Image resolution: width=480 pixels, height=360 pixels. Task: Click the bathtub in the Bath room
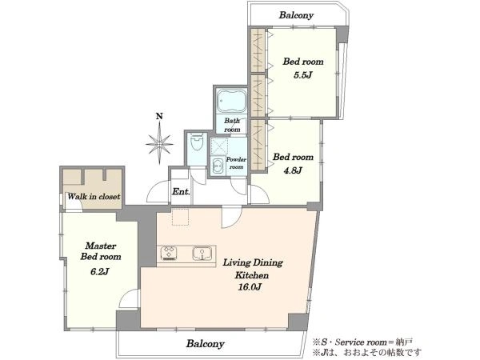click(232, 101)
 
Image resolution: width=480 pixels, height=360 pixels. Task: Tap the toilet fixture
click(196, 141)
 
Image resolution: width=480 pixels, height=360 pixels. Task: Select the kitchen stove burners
click(169, 254)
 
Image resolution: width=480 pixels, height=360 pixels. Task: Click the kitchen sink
click(202, 254)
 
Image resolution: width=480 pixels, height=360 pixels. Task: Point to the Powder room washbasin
click(218, 166)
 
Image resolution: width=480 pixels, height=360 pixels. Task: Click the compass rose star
click(159, 143)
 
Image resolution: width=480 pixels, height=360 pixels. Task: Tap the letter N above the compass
click(159, 116)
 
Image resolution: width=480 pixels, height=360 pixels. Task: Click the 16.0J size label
click(250, 287)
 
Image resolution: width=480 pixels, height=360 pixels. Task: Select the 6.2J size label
click(100, 271)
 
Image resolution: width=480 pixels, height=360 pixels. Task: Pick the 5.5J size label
click(302, 75)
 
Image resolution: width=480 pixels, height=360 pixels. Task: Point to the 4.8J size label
click(293, 170)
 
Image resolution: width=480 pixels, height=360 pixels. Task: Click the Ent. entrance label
click(182, 192)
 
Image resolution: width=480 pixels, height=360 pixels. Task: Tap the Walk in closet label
click(94, 197)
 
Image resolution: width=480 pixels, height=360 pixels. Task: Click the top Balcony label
click(296, 15)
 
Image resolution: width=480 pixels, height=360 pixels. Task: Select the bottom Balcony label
click(206, 343)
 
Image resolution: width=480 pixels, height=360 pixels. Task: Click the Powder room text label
click(236, 163)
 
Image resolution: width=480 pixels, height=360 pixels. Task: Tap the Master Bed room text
click(101, 251)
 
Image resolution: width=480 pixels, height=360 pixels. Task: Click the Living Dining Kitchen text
click(253, 269)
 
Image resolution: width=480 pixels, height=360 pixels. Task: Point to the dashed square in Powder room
click(219, 146)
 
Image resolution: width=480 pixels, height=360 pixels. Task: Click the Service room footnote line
click(362, 342)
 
